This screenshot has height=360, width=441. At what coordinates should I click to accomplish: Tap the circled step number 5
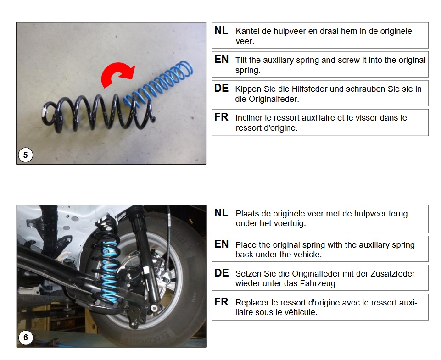26,155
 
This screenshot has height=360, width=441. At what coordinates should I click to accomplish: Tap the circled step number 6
26,337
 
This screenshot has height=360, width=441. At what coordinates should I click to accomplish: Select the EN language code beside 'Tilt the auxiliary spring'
221,59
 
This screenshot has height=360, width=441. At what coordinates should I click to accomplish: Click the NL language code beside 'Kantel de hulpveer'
221,30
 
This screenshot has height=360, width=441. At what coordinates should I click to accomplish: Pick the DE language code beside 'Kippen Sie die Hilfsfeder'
221,88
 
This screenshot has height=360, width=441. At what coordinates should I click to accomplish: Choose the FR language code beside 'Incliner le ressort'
221,117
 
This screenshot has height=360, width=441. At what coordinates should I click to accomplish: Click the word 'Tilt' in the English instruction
241,60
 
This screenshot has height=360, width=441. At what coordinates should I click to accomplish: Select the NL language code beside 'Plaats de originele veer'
221,213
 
